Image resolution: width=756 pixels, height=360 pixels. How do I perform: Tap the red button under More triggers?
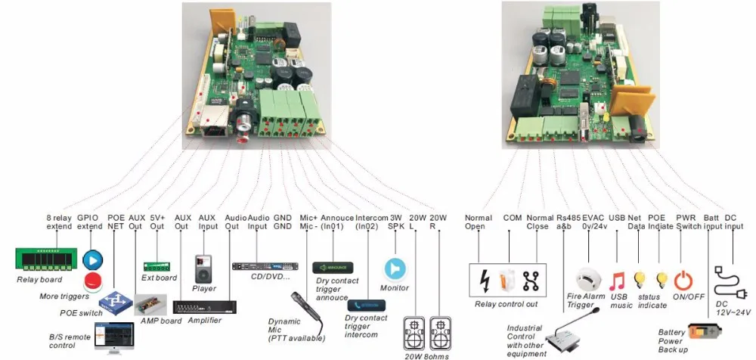coord(93,282)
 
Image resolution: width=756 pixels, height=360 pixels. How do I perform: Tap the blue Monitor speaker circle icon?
coord(395,268)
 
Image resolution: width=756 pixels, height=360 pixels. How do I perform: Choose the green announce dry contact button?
coord(333,268)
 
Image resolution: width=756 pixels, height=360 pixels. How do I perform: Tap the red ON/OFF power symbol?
coord(683,280)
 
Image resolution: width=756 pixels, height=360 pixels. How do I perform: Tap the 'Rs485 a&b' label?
coord(567,221)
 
